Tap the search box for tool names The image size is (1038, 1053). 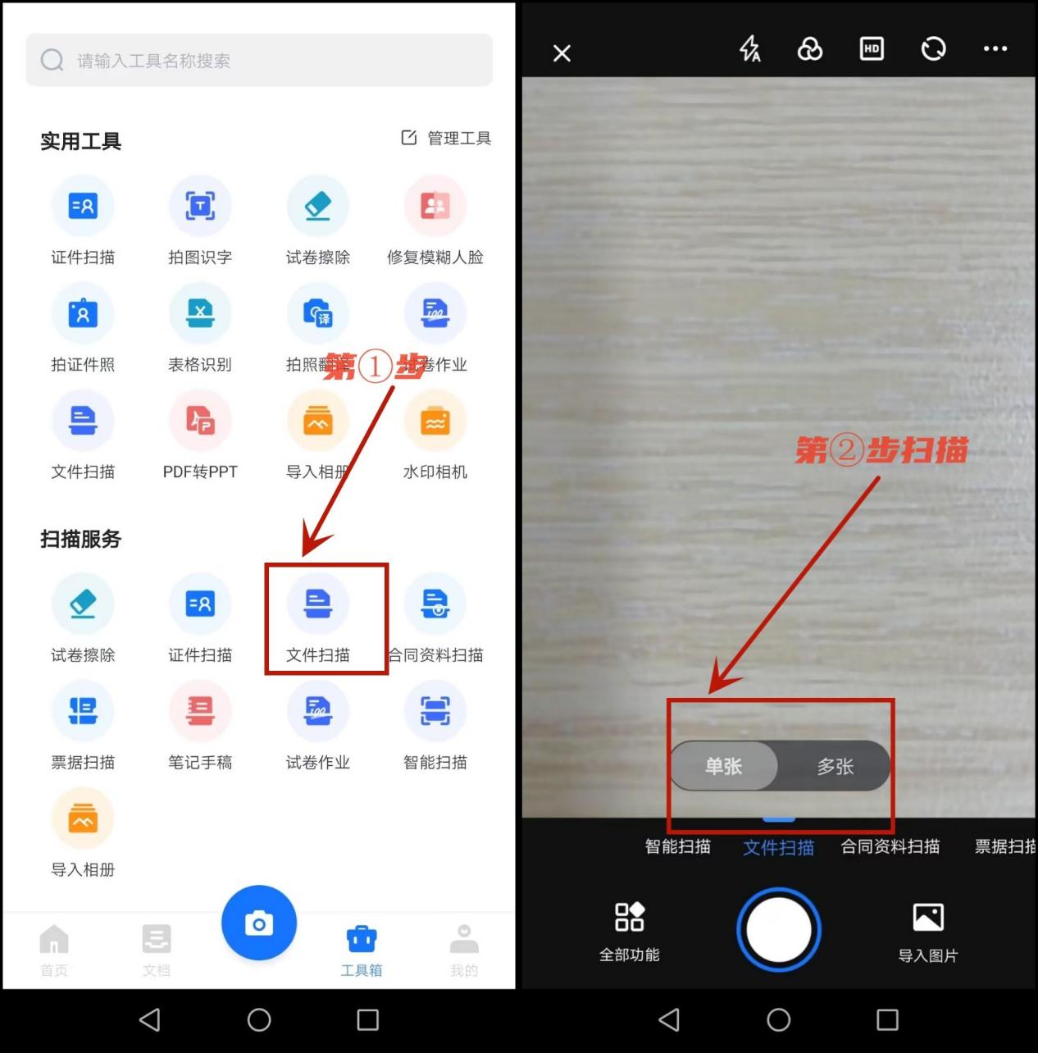[x=258, y=60]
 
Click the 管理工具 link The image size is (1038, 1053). [x=446, y=138]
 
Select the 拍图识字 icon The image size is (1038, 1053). [x=200, y=206]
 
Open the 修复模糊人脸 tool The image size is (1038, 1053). [x=435, y=206]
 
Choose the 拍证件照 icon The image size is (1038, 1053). [x=83, y=313]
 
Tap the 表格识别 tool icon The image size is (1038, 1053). [x=200, y=313]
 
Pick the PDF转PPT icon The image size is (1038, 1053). [x=200, y=421]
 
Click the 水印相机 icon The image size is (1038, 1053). [x=435, y=421]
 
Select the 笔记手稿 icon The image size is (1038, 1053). [x=200, y=711]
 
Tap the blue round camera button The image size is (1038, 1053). [x=259, y=923]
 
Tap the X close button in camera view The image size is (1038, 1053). [x=562, y=53]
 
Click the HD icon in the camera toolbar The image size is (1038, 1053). [x=872, y=49]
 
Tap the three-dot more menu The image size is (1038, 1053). [x=995, y=49]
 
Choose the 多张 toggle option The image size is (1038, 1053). [x=835, y=766]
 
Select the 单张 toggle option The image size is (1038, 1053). [x=723, y=766]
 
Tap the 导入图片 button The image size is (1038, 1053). [x=928, y=931]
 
